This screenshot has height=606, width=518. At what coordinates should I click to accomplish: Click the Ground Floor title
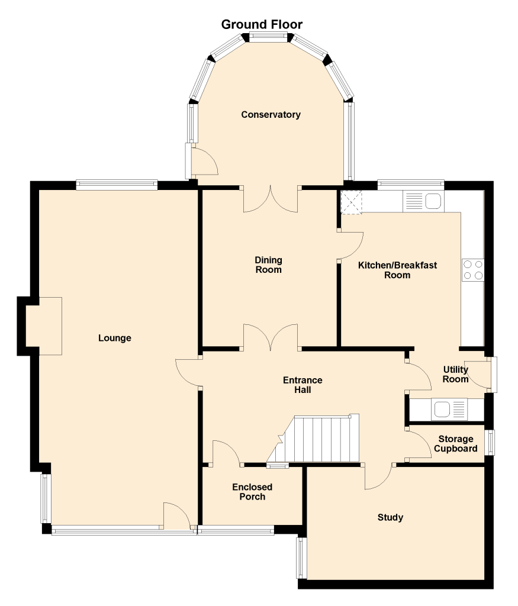click(x=262, y=24)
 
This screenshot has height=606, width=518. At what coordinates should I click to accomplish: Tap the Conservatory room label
click(x=271, y=114)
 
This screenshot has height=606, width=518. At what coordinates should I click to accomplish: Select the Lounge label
click(x=114, y=338)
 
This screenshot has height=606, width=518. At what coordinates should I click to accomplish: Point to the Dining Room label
click(x=268, y=265)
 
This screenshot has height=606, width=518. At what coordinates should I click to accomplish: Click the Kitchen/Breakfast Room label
click(x=397, y=270)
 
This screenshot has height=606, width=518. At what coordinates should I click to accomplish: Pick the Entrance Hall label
click(x=303, y=385)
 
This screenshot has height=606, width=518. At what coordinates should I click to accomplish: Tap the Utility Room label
click(x=455, y=374)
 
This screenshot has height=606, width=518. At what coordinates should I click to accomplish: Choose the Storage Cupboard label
click(x=455, y=444)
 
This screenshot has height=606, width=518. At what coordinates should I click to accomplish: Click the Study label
click(x=390, y=517)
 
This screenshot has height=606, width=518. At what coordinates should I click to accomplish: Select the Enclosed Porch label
click(x=252, y=492)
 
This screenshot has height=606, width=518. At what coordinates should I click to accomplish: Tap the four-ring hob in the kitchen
click(x=473, y=270)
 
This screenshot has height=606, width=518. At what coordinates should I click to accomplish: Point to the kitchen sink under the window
click(x=423, y=201)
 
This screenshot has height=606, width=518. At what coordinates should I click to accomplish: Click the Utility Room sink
click(x=449, y=410)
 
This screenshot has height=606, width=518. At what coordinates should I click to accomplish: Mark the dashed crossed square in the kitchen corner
click(x=351, y=202)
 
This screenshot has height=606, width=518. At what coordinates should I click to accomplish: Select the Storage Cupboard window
click(x=490, y=442)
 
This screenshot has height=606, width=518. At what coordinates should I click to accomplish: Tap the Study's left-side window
click(x=301, y=557)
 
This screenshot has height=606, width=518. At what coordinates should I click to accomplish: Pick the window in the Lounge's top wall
click(x=117, y=185)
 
